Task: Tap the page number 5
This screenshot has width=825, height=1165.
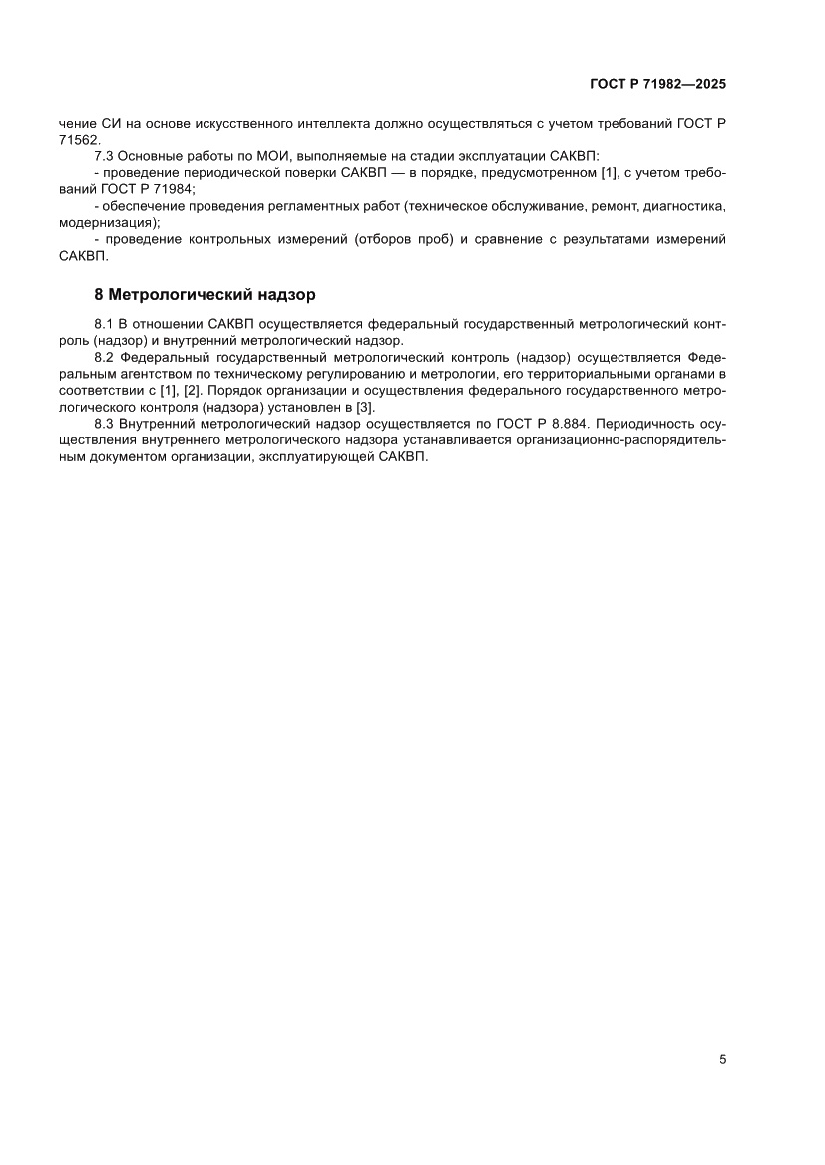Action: click(x=722, y=1059)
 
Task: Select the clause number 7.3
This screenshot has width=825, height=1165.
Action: click(x=104, y=157)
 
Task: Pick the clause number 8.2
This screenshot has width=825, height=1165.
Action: click(x=104, y=358)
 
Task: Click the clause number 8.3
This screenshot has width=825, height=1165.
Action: click(x=104, y=423)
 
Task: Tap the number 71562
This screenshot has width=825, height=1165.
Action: click(x=79, y=141)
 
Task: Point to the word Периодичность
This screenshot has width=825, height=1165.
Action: click(x=643, y=423)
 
